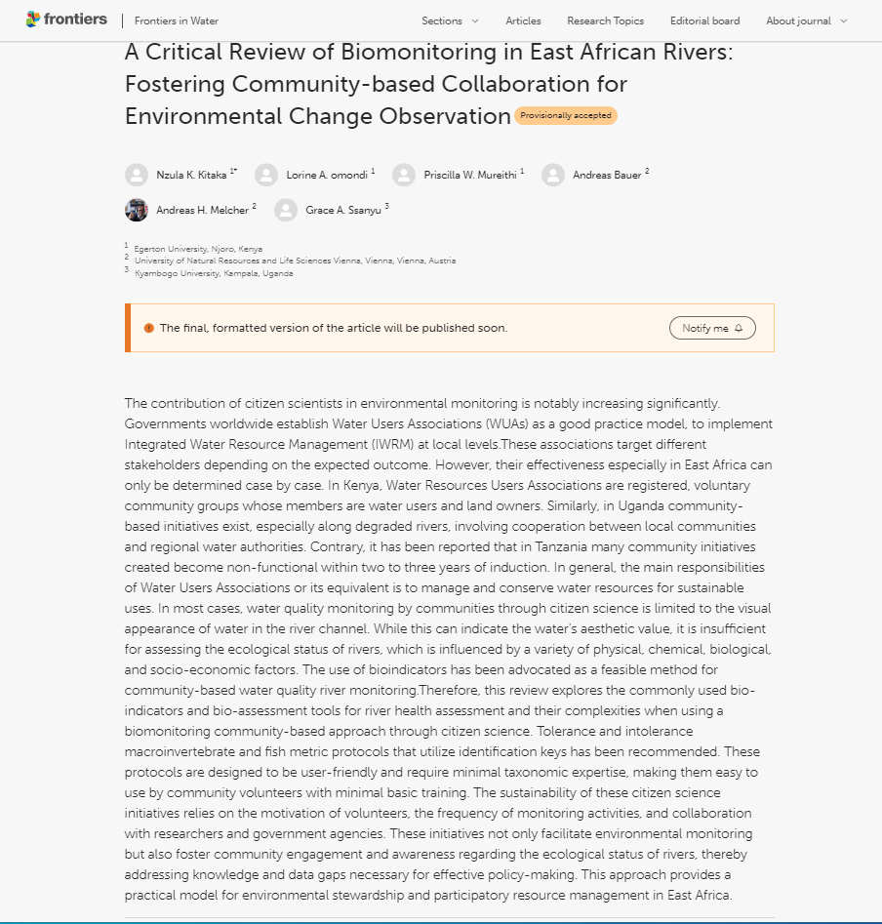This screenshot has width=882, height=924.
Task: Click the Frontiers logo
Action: pyautogui.click(x=66, y=20)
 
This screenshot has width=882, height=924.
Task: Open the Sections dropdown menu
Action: pyautogui.click(x=450, y=20)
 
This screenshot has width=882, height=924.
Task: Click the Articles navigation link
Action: pyautogui.click(x=523, y=20)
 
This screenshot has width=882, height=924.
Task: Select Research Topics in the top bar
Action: pyautogui.click(x=605, y=20)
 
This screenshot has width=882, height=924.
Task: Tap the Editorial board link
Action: pyautogui.click(x=704, y=20)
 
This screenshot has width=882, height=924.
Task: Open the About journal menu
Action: pyautogui.click(x=806, y=20)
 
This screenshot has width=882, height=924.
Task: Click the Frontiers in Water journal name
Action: pyautogui.click(x=177, y=20)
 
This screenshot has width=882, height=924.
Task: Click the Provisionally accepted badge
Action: pyautogui.click(x=566, y=116)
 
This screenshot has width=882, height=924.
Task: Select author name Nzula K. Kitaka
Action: pyautogui.click(x=192, y=176)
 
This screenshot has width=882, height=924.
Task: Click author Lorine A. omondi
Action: pyautogui.click(x=327, y=176)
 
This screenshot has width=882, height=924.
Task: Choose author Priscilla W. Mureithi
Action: pyautogui.click(x=470, y=176)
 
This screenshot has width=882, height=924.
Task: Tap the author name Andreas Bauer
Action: pyautogui.click(x=607, y=176)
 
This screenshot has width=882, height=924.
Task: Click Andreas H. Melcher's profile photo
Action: pyautogui.click(x=137, y=210)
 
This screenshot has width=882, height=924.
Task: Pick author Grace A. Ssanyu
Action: pyautogui.click(x=343, y=211)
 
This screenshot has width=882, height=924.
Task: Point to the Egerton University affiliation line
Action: pyautogui.click(x=198, y=249)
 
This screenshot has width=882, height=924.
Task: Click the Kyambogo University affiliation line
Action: pyautogui.click(x=214, y=273)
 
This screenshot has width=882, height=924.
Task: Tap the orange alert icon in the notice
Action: pyautogui.click(x=149, y=328)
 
